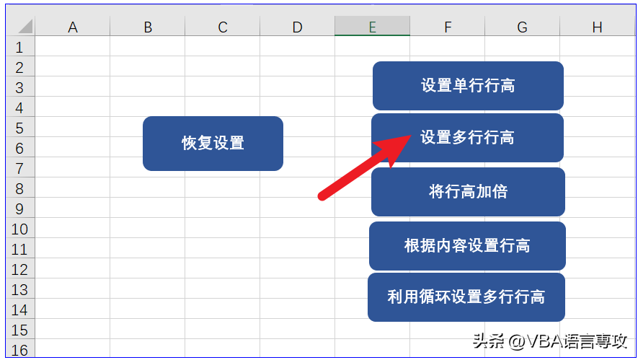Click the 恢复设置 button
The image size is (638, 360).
[213, 144]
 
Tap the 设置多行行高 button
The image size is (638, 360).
[468, 138]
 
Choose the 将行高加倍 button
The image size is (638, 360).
[468, 191]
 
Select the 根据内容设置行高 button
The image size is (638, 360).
[467, 245]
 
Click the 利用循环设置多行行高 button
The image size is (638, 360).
[466, 297]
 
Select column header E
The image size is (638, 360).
[372, 27]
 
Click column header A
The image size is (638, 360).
[72, 27]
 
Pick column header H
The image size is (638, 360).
[597, 27]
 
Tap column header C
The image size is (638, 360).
[222, 27]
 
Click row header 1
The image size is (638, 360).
[20, 47]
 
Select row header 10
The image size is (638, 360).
[20, 229]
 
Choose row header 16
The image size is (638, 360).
[20, 349]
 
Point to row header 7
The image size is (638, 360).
[20, 168]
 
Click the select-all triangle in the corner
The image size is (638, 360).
[25, 27]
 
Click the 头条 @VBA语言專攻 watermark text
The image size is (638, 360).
[550, 341]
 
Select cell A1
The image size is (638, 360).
[72, 46]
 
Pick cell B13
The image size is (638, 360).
[147, 289]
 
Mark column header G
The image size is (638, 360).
[522, 27]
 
